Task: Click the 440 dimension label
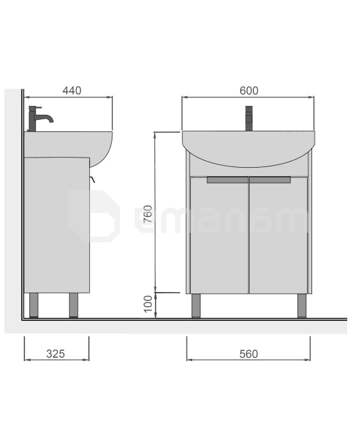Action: tap(72, 91)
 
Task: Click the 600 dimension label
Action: tap(249, 91)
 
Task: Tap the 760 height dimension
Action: tap(149, 214)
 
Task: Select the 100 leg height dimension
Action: tap(149, 304)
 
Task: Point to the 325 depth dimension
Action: tap(56, 354)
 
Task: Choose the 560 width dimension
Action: tap(248, 354)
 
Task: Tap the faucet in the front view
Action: tap(249, 118)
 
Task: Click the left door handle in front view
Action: tap(228, 180)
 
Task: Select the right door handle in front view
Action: tap(270, 180)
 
